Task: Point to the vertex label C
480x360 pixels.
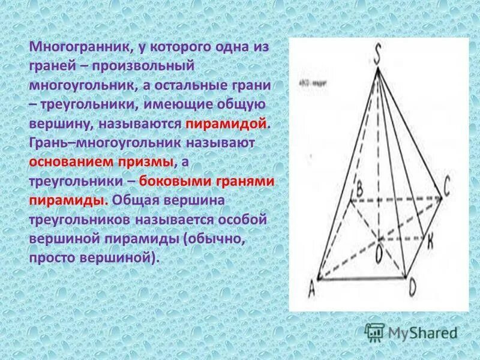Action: [447, 189]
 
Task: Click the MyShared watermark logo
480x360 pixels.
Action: [412, 331]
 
